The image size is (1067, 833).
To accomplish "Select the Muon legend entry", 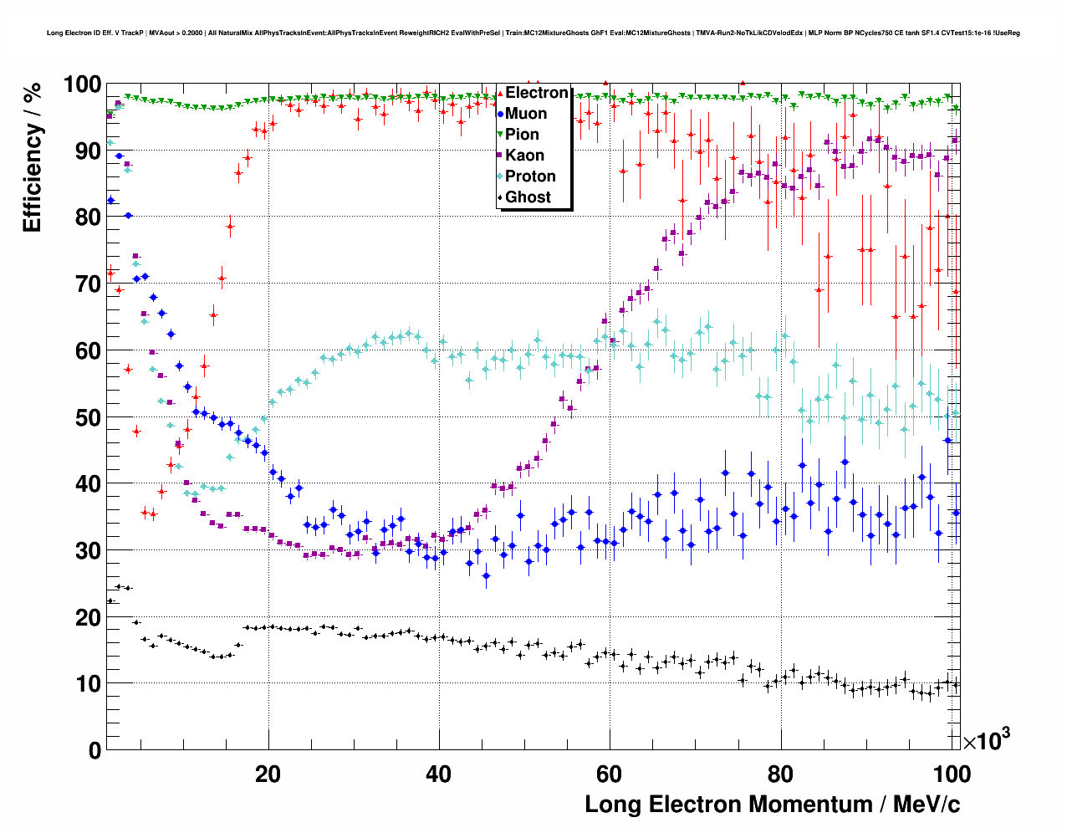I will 526,114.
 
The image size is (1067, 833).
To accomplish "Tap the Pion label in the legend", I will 522,135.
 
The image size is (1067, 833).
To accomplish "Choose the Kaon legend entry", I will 524,156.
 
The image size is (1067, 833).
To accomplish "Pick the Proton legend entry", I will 530,176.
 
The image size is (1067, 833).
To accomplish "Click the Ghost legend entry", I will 528,197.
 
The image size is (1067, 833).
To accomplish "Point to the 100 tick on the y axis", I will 82,84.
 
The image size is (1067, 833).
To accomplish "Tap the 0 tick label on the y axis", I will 94,750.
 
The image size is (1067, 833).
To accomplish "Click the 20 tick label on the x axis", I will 268,774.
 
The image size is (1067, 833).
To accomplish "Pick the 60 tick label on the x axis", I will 609,774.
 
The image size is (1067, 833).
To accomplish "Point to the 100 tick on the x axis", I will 951,774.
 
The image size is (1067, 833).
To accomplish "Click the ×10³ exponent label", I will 986,740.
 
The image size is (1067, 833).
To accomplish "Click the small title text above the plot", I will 533,33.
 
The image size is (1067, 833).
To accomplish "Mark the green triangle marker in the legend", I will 500,135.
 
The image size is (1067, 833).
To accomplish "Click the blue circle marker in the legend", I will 500,114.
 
